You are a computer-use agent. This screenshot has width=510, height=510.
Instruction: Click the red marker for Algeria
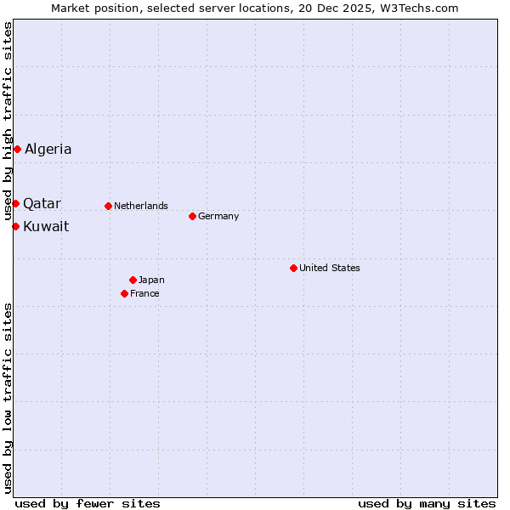click(17, 150)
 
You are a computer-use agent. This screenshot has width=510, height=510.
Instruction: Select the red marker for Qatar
click(15, 203)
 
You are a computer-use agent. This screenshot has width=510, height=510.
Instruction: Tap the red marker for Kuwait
click(15, 226)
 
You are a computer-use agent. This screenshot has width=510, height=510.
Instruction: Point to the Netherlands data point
click(108, 206)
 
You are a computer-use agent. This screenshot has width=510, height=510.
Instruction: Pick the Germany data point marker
click(192, 216)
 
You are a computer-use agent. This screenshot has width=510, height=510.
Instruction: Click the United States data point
click(293, 268)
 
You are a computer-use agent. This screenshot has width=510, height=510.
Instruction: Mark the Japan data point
click(133, 280)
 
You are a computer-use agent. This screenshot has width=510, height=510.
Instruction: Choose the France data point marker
click(124, 293)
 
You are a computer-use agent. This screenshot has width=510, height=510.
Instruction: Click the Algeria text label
click(48, 150)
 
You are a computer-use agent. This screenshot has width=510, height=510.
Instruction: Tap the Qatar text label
click(42, 203)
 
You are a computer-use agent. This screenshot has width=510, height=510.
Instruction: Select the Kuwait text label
click(46, 226)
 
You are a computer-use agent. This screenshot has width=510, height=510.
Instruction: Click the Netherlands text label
click(141, 206)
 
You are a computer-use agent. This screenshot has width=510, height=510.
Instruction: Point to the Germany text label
click(218, 216)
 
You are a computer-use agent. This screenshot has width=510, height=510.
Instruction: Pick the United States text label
click(330, 268)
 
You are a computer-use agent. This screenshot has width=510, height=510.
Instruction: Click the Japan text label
click(151, 280)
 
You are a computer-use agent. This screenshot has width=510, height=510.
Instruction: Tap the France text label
click(144, 293)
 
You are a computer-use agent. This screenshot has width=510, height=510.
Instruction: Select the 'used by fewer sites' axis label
click(88, 503)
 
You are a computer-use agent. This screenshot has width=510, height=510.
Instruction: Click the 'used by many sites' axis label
click(427, 503)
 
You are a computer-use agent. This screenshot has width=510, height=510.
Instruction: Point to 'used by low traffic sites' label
click(8, 397)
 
